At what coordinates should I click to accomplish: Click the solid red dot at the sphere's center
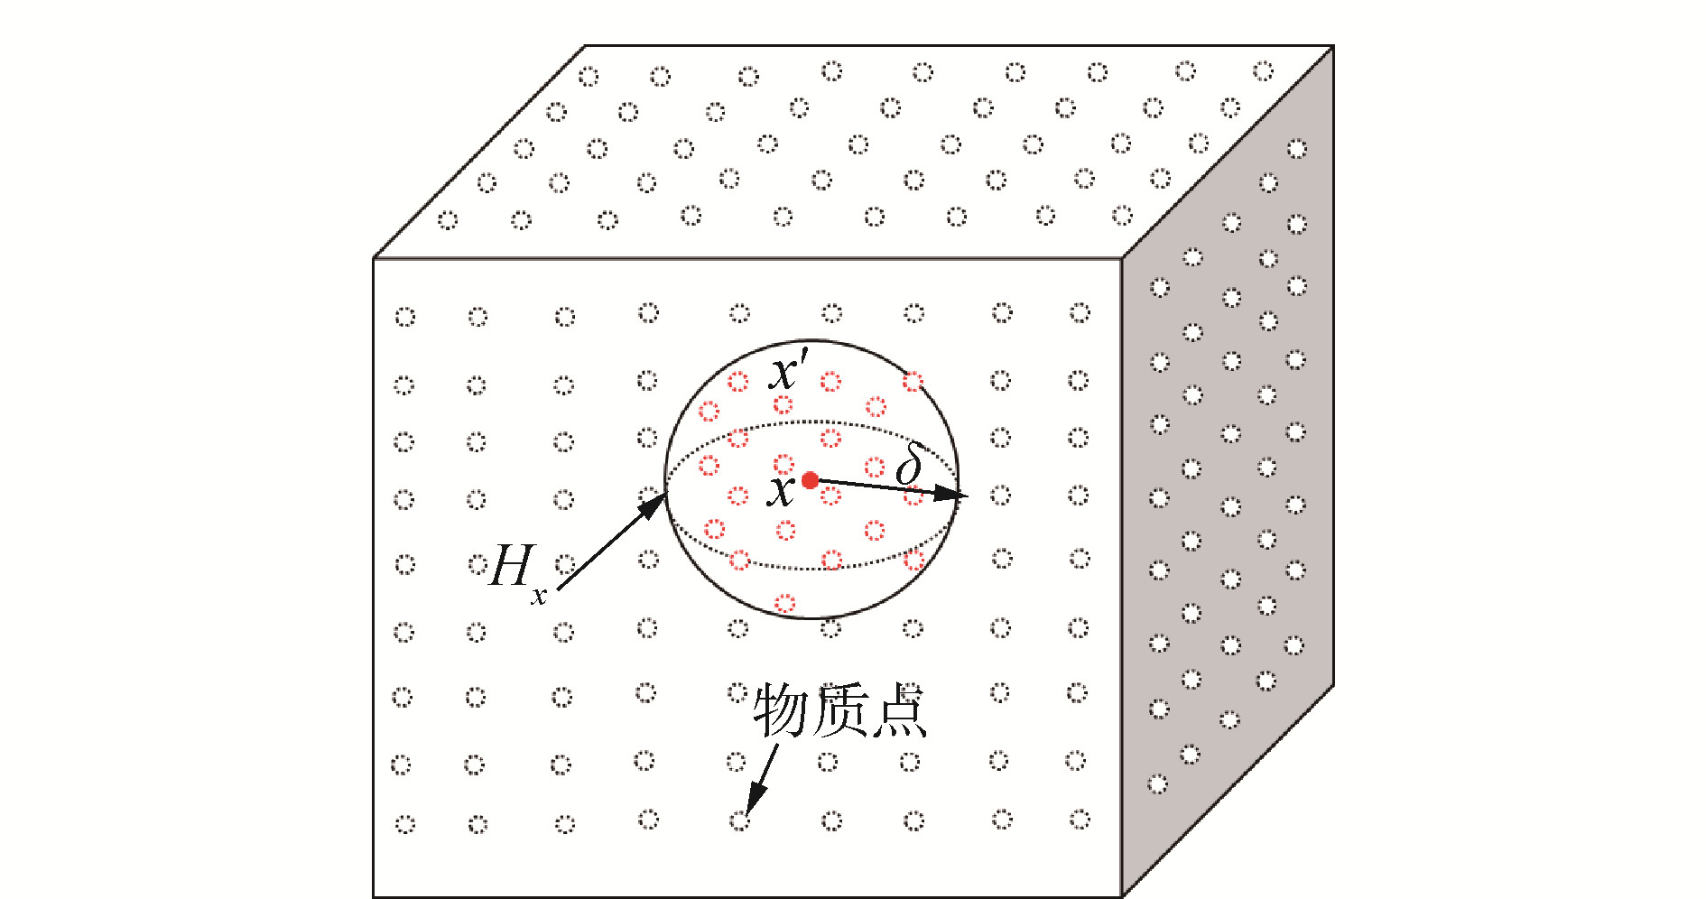pyautogui.click(x=810, y=480)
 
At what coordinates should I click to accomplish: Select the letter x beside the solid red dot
pyautogui.click(x=782, y=492)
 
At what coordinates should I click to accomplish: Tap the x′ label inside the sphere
pyautogui.click(x=789, y=370)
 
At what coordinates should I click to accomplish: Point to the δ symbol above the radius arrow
pyautogui.click(x=909, y=465)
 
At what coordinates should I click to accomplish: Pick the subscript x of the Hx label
pyautogui.click(x=539, y=596)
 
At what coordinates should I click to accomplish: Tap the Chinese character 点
pyautogui.click(x=897, y=710)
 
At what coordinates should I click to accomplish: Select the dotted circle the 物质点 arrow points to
pyautogui.click(x=739, y=820)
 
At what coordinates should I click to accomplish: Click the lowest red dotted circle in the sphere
pyautogui.click(x=785, y=602)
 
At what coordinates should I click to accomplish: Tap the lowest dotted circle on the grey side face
pyautogui.click(x=1158, y=783)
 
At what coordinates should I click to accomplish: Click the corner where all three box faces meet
pyautogui.click(x=1122, y=259)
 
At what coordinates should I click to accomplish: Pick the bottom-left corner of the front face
pyautogui.click(x=374, y=896)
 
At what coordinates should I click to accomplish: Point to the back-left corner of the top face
pyautogui.click(x=586, y=46)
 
